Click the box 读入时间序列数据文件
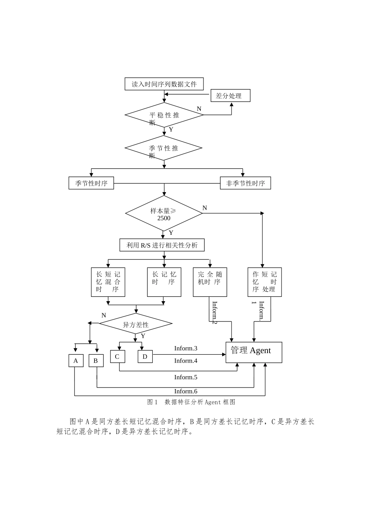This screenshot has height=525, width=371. click(x=164, y=84)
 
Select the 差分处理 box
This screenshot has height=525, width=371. click(x=230, y=96)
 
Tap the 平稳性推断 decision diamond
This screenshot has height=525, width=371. click(x=164, y=115)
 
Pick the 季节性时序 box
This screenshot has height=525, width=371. click(x=91, y=183)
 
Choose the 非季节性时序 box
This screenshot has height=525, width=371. click(x=245, y=183)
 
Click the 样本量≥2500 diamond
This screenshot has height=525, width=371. click(x=164, y=213)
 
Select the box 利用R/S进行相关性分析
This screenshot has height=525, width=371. click(x=162, y=245)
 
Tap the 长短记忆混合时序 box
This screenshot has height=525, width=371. click(x=108, y=282)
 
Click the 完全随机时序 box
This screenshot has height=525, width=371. click(x=210, y=282)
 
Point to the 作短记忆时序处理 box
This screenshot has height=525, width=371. click(x=264, y=282)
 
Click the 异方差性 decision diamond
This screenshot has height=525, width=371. click(x=136, y=324)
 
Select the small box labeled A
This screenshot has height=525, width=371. click(x=76, y=361)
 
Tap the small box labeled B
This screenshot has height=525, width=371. click(x=96, y=361)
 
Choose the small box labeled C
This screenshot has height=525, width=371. click(x=117, y=356)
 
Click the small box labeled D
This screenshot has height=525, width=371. click(x=145, y=356)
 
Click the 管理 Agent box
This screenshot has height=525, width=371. click(x=253, y=352)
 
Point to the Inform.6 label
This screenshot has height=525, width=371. click(x=185, y=391)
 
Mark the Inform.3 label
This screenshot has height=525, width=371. click(x=185, y=348)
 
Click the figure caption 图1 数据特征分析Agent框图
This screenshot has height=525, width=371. click(x=191, y=402)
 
